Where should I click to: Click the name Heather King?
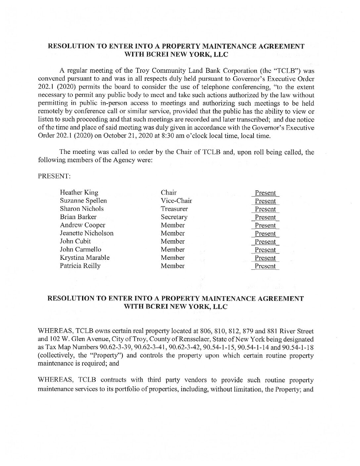(x=79, y=193)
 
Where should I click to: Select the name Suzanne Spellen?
(x=83, y=201)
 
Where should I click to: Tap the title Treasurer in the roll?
(x=174, y=209)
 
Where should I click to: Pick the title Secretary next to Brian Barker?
(x=174, y=217)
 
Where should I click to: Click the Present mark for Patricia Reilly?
(x=265, y=266)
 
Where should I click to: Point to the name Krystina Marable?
(x=85, y=257)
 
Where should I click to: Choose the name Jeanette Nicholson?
(x=87, y=233)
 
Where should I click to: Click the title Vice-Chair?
(x=176, y=201)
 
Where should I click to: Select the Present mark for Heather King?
(x=265, y=193)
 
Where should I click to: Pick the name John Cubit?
(x=75, y=241)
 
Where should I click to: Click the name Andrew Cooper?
(x=83, y=225)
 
